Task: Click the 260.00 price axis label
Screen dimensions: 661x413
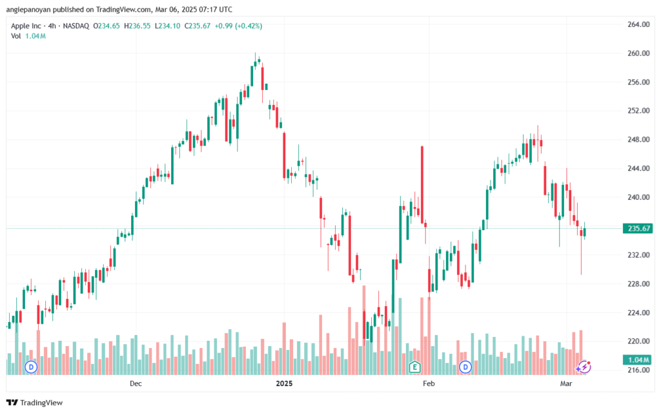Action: coord(638,53)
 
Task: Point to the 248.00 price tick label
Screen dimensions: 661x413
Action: coord(638,140)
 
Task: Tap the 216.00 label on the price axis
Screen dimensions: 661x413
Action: coord(638,370)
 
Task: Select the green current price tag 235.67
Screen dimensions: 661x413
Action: coord(638,228)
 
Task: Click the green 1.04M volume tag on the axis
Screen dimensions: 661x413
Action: coord(638,360)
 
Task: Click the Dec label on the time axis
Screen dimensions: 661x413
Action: coord(136,383)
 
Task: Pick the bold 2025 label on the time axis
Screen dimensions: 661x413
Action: coord(284,383)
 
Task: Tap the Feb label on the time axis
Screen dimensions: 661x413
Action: coord(429,383)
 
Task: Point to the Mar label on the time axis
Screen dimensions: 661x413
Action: coord(566,383)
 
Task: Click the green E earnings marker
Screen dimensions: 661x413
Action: coord(415,367)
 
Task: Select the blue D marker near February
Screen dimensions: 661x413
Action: coord(465,367)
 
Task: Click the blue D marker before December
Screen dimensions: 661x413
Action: coord(31,367)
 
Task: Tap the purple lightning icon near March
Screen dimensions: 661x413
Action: coord(584,367)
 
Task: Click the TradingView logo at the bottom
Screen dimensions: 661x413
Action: coord(35,403)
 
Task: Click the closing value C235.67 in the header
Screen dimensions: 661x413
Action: coord(198,26)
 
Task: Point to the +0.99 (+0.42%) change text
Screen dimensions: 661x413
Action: coord(238,26)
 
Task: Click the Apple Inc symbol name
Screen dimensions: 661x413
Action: coord(26,26)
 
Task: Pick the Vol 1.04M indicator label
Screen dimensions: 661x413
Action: coord(28,36)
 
